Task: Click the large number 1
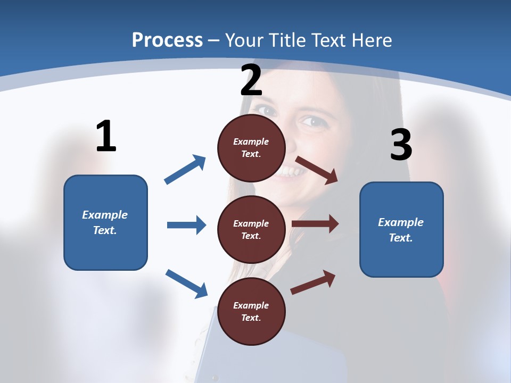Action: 106,136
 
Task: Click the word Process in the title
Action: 167,40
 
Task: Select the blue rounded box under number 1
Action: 105,222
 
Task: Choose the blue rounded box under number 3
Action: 401,229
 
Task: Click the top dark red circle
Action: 251,148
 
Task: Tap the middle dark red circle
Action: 251,229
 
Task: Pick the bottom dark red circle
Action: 251,311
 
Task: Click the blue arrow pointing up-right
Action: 185,169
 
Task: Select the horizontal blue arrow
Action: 186,225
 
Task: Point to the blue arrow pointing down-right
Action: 186,284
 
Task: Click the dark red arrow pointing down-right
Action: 317,170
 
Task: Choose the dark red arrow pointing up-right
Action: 313,282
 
